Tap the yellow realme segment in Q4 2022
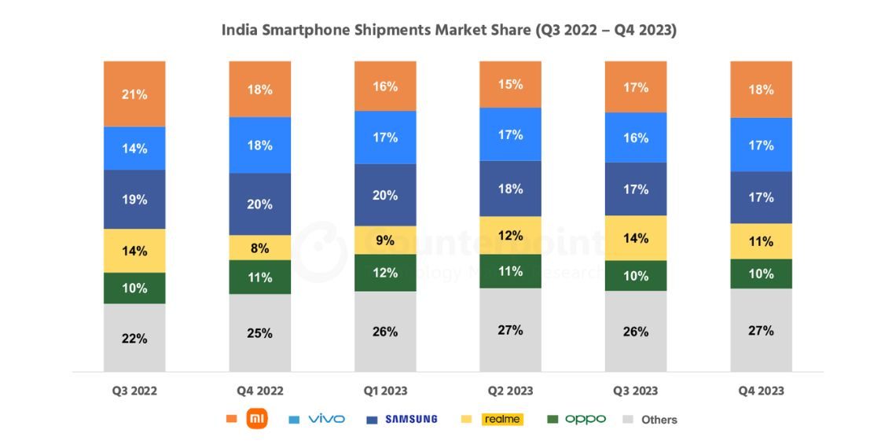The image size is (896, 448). pyautogui.click(x=259, y=248)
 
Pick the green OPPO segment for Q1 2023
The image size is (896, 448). pyautogui.click(x=385, y=273)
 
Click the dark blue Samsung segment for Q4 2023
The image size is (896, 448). pyautogui.click(x=761, y=197)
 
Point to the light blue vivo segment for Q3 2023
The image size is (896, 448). pyautogui.click(x=636, y=138)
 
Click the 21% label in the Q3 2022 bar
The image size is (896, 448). pyautogui.click(x=134, y=94)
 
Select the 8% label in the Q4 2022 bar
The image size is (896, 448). pyautogui.click(x=259, y=248)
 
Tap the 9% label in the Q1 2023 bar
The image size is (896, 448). pyautogui.click(x=385, y=241)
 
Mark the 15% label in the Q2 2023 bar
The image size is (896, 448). pyautogui.click(x=510, y=84)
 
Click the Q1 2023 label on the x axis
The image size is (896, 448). pyautogui.click(x=385, y=391)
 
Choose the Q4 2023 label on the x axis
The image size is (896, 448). pyautogui.click(x=761, y=391)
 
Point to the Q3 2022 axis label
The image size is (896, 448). pyautogui.click(x=134, y=391)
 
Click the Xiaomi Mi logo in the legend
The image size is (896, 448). pyautogui.click(x=257, y=419)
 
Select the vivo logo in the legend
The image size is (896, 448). pyautogui.click(x=326, y=419)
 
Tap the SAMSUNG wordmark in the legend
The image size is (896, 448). pyautogui.click(x=411, y=420)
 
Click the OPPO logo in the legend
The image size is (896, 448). pyautogui.click(x=586, y=419)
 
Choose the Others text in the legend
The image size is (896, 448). pyautogui.click(x=659, y=420)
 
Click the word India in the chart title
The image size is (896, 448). pyautogui.click(x=237, y=31)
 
